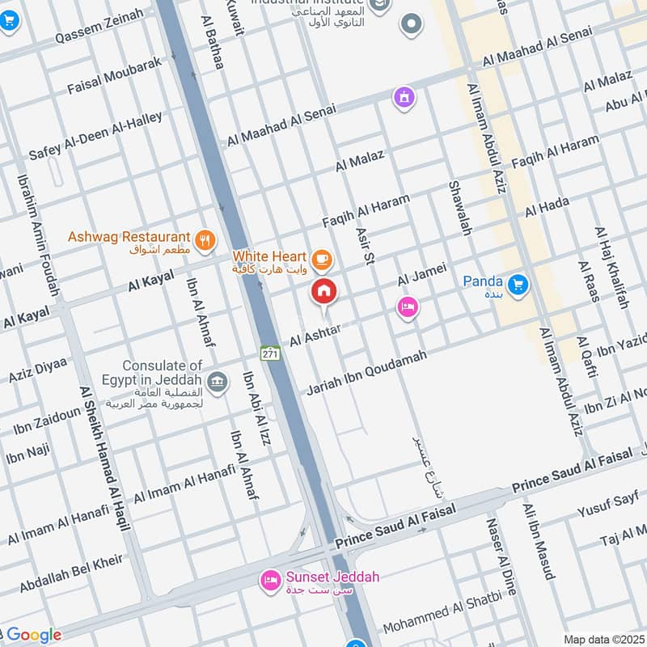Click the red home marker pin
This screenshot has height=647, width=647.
[324, 292]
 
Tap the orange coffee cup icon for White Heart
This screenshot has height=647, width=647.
[322, 258]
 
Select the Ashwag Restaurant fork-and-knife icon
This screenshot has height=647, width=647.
[205, 239]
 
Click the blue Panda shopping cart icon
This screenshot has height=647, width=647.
[518, 284]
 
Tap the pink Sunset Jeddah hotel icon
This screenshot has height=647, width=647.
[269, 581]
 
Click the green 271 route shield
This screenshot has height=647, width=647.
[269, 353]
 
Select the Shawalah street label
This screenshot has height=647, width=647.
[459, 208]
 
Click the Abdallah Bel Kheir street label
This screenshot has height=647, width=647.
[71, 573]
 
